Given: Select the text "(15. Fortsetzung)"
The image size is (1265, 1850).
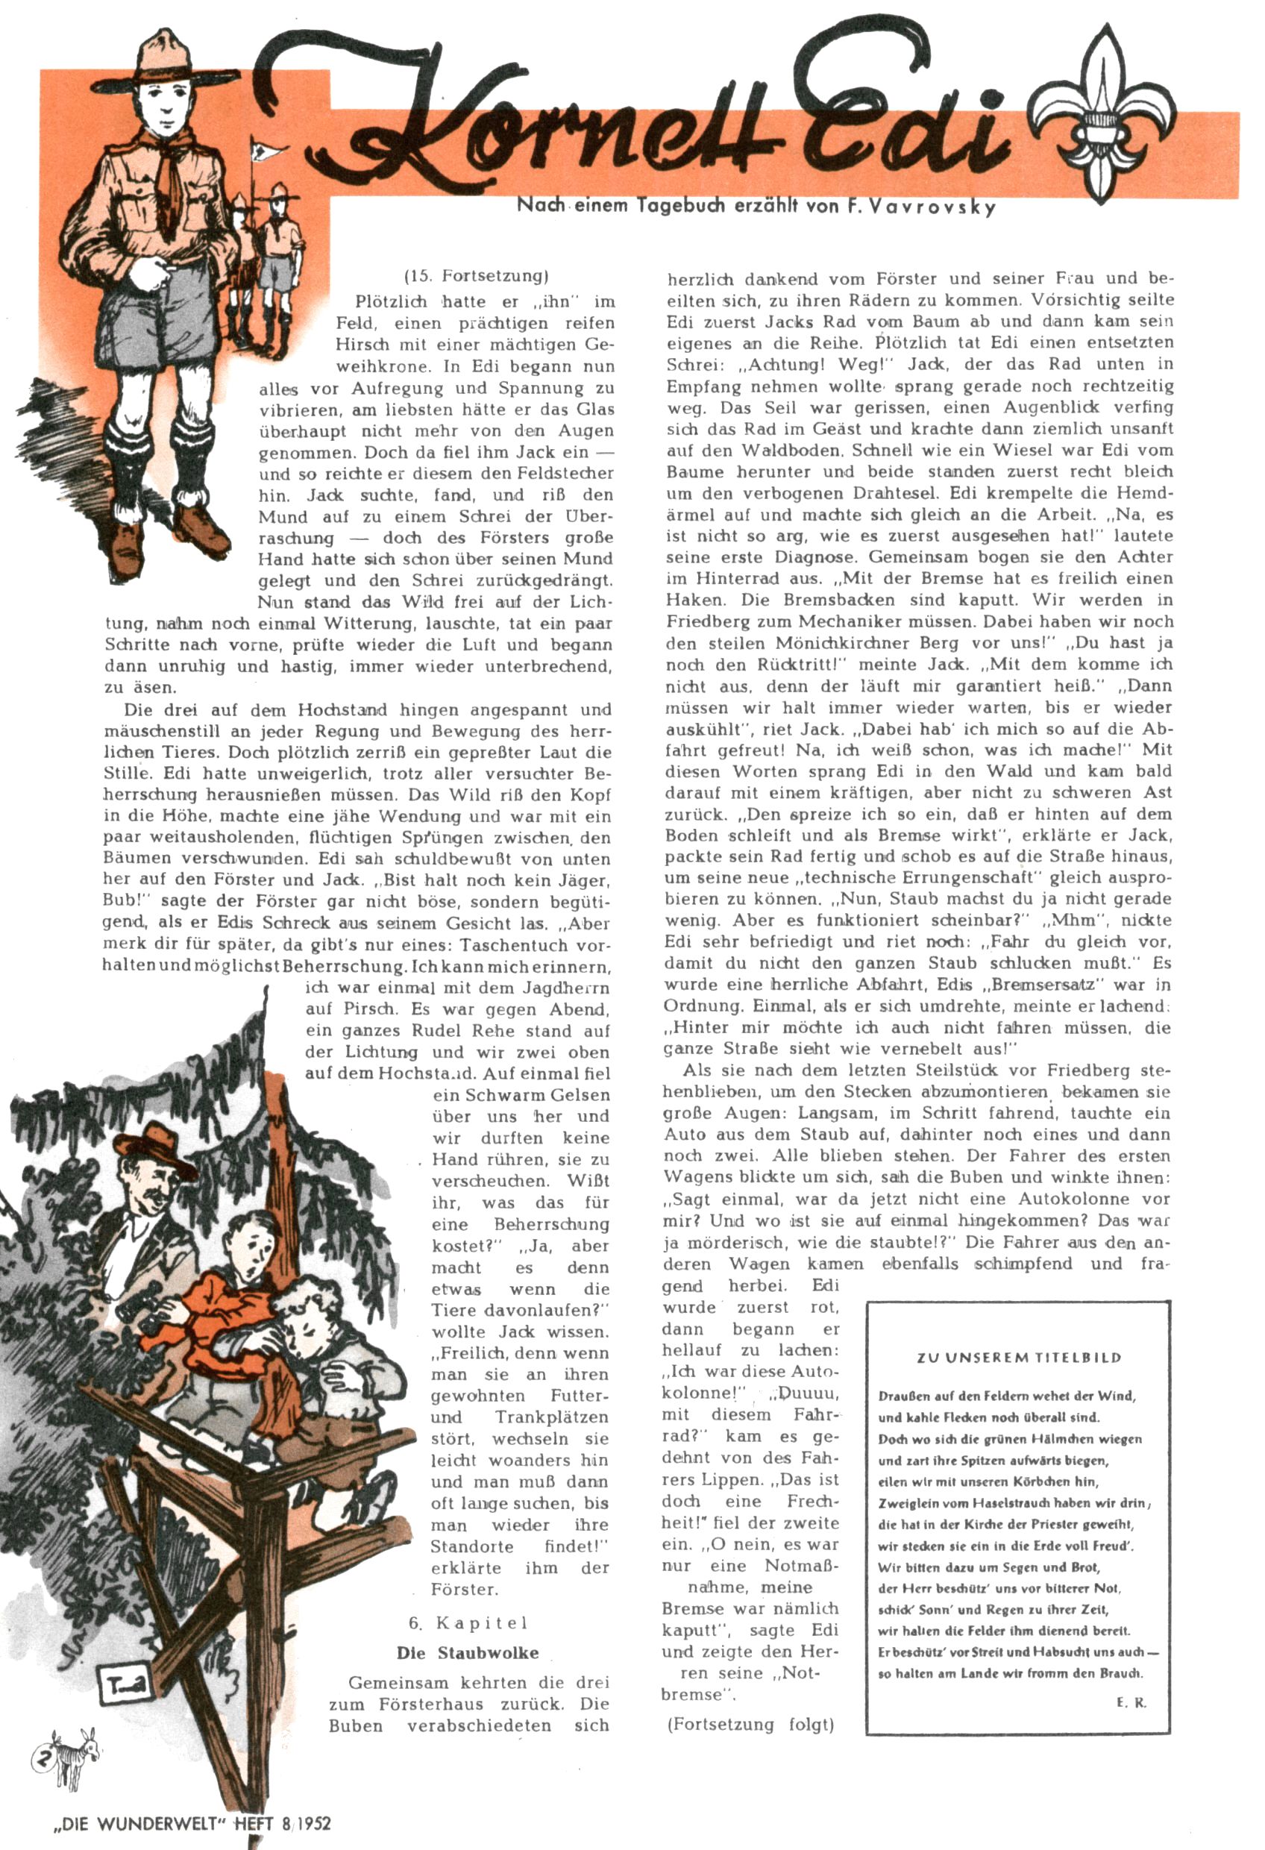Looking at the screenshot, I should tap(477, 276).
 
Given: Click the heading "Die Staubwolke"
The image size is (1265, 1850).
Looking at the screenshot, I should tap(468, 1652).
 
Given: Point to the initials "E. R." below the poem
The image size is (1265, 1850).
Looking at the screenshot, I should tap(1131, 1703).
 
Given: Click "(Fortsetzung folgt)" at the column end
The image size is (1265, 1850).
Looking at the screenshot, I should tap(750, 1724).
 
